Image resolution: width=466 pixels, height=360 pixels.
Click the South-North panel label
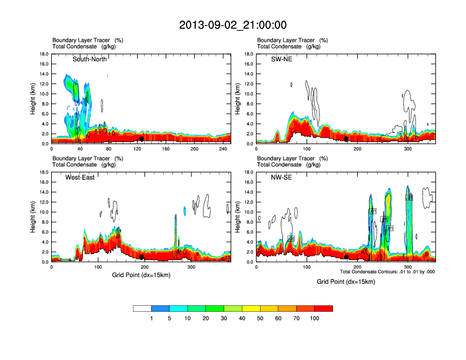click(x=89, y=59)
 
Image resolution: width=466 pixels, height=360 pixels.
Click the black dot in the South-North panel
click(x=142, y=139)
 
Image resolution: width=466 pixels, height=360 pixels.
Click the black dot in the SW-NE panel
click(x=347, y=139)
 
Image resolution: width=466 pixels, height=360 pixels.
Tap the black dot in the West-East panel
click(x=142, y=257)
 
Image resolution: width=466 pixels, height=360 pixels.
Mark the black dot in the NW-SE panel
click(x=347, y=257)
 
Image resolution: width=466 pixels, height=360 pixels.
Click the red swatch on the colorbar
click(x=324, y=308)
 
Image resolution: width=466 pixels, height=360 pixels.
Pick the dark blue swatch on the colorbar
click(x=161, y=308)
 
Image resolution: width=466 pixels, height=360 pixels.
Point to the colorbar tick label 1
click(x=152, y=318)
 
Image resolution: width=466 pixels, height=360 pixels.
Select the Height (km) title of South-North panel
click(x=33, y=99)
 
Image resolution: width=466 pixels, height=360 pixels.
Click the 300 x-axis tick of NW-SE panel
click(x=408, y=267)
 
